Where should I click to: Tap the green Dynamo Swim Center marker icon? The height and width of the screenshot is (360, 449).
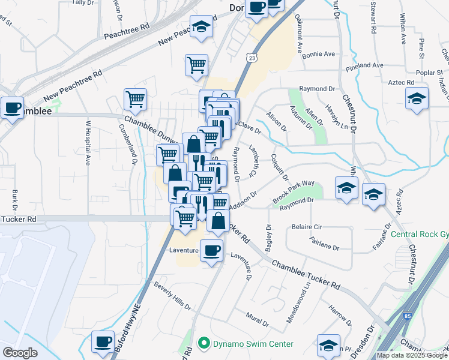pyautogui.click(x=204, y=344)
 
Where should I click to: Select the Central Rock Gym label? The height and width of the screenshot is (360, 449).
pyautogui.click(x=420, y=234)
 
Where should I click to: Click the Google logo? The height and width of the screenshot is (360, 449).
pyautogui.click(x=20, y=352)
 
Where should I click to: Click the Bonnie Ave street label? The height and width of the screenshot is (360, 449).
pyautogui.click(x=319, y=54)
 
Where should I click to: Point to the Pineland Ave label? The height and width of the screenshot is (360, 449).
pyautogui.click(x=363, y=65)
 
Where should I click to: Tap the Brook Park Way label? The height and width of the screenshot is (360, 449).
pyautogui.click(x=294, y=192)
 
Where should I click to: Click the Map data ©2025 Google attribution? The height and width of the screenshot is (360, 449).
pyautogui.click(x=412, y=355)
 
